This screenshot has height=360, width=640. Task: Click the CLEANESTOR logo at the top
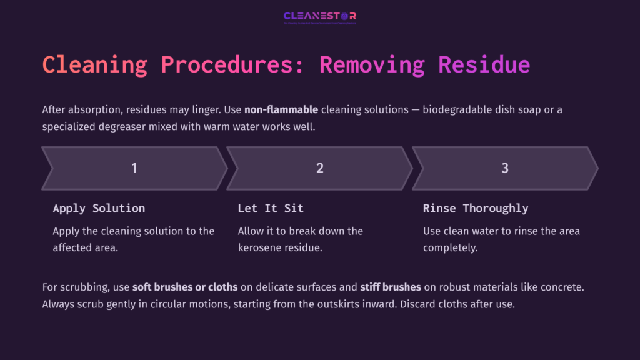[319, 16]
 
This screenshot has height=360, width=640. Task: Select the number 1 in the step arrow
[134, 168]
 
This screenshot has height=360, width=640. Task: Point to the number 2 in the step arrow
[319, 168]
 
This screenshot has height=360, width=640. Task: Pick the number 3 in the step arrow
[505, 168]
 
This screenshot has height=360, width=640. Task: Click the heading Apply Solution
[99, 208]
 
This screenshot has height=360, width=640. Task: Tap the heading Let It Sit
[271, 208]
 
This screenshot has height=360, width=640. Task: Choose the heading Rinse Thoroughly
[475, 208]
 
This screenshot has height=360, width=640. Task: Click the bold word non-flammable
[281, 110]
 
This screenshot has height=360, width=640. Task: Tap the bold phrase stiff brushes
[391, 287]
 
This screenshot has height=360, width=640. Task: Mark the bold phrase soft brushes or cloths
[185, 287]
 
